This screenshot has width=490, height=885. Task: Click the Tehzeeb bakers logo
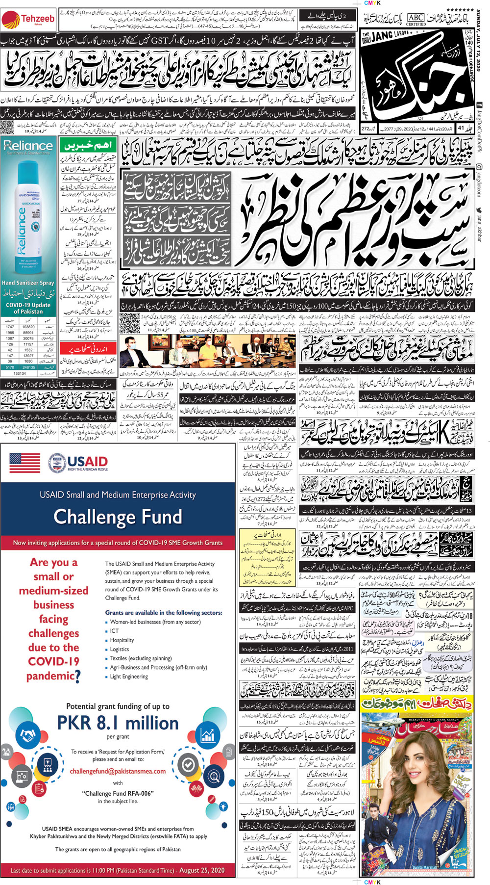coord(27,20)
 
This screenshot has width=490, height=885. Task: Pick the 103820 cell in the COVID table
coord(28,327)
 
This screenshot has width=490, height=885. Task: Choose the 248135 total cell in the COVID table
coord(28,366)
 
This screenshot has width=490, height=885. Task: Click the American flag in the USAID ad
coord(24,463)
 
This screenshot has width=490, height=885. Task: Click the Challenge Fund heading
coord(118,517)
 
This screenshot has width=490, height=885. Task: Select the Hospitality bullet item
coord(122,640)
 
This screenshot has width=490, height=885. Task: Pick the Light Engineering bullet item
coord(129,677)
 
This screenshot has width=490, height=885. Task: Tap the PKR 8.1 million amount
coord(118,723)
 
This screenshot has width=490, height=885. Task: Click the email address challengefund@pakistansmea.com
coord(118,771)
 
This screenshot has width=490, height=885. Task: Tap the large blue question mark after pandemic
coord(77,677)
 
